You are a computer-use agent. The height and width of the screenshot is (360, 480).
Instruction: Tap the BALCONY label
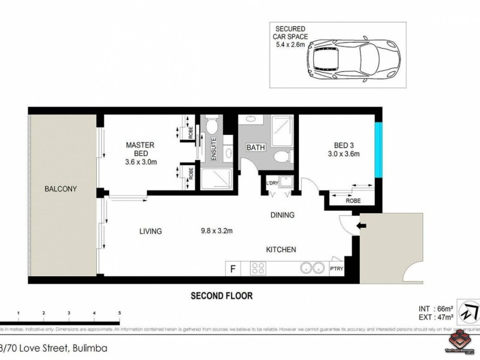click(x=61, y=189)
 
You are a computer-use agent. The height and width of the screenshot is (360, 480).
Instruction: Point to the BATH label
click(x=256, y=148)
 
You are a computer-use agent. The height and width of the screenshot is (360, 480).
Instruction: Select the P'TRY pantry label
click(x=337, y=269)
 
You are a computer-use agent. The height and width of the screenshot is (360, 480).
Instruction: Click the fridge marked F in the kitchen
click(x=233, y=269)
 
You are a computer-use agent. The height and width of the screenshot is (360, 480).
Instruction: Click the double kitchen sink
click(x=311, y=268)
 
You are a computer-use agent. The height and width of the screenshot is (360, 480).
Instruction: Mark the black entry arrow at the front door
click(x=359, y=226)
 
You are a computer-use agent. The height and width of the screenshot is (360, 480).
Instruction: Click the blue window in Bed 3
click(x=378, y=149)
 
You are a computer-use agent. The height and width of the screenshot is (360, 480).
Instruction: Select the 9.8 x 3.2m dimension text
click(x=217, y=230)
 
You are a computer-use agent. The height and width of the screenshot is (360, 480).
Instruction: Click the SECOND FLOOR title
click(x=221, y=295)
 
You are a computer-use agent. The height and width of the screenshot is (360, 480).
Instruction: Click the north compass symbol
click(x=468, y=312)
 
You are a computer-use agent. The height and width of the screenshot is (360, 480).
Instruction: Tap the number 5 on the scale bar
click(x=120, y=313)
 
